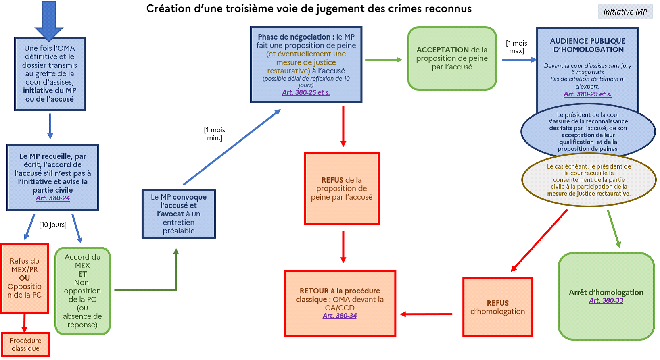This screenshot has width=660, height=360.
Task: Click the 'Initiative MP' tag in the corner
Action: pyautogui.click(x=625, y=12)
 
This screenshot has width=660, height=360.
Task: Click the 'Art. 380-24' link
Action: pyautogui.click(x=52, y=198)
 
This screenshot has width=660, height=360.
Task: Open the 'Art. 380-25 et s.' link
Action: pyautogui.click(x=306, y=92)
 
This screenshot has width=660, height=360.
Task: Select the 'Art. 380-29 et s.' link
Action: pyautogui.click(x=587, y=94)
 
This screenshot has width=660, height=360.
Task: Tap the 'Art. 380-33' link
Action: pyautogui.click(x=606, y=300)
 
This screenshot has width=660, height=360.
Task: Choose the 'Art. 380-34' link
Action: pyautogui.click(x=340, y=316)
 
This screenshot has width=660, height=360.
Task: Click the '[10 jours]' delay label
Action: pyautogui.click(x=53, y=225)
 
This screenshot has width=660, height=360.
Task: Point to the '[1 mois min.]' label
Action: pyautogui.click(x=215, y=134)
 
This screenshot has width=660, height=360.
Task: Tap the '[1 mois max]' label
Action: pyautogui.click(x=516, y=47)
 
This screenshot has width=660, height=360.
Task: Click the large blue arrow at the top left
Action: pyautogui.click(x=49, y=20)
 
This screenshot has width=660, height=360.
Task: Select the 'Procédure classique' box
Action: pyautogui.click(x=25, y=345)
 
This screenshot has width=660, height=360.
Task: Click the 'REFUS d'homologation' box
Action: pyautogui.click(x=497, y=307)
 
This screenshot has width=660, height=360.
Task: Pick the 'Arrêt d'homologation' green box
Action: pyautogui.click(x=606, y=296)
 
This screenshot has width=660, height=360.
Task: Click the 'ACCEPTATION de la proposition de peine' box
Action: pyautogui.click(x=452, y=58)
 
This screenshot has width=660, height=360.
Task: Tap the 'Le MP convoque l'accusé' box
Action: pyautogui.click(x=179, y=214)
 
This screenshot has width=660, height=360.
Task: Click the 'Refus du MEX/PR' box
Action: pyautogui.click(x=25, y=278)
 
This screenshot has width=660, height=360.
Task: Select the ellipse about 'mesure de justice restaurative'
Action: pyautogui.click(x=589, y=180)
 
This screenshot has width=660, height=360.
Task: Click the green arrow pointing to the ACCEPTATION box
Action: pyautogui.click(x=383, y=60)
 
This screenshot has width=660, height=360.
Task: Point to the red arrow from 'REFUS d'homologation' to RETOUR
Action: pyautogui.click(x=426, y=314)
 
